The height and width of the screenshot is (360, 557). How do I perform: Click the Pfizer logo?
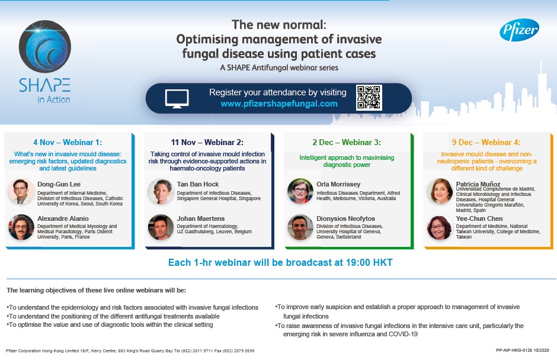tap(519, 30)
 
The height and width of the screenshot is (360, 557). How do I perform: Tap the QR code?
tap(369, 97)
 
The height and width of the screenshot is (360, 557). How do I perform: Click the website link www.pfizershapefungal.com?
tap(279, 104)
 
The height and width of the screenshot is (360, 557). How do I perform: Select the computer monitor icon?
tap(177, 99)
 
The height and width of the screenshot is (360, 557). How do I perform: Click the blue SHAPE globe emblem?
tap(45, 47)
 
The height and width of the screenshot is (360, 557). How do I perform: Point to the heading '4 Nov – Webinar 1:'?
tap(68, 142)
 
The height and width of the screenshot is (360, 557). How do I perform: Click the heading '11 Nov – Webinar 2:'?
tap(207, 142)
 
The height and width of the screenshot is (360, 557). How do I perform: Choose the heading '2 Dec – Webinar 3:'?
tap(347, 142)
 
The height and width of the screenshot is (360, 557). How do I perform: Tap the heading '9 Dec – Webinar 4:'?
tap(486, 142)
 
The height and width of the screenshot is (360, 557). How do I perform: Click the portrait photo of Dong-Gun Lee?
tap(21, 191)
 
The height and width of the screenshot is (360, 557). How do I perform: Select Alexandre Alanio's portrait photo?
tap(21, 227)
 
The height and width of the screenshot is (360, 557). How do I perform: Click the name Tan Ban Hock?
tap(198, 184)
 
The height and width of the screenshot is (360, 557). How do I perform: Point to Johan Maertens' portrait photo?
tap(161, 227)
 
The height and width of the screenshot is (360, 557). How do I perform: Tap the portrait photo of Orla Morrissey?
tap(300, 191)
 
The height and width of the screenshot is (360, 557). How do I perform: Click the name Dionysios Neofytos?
tap(345, 218)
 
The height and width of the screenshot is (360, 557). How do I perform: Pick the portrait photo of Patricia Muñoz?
tap(440, 191)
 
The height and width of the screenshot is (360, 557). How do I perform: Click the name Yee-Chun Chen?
tap(479, 218)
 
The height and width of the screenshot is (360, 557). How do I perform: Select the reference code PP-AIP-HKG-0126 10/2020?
tap(523, 351)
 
